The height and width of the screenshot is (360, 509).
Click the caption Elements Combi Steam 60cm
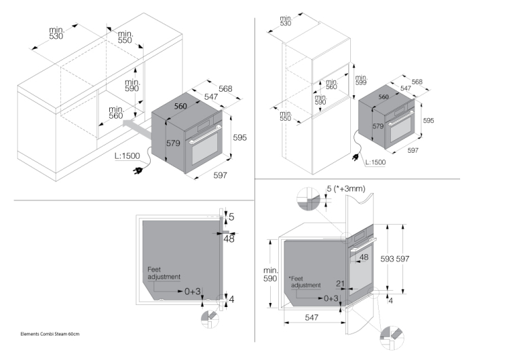point(50,334)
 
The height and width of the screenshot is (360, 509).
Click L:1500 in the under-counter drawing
point(127,156)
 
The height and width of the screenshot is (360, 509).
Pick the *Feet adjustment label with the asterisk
point(305,282)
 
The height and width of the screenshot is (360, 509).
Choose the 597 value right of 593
point(402,259)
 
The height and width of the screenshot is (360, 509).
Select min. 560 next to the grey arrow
point(115,112)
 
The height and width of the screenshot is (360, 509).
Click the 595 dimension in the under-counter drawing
point(239,137)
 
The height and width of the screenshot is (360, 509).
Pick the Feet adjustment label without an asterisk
point(164,273)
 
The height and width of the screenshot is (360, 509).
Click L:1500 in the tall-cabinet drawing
point(375,162)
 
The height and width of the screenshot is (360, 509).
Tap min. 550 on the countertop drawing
point(126,37)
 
